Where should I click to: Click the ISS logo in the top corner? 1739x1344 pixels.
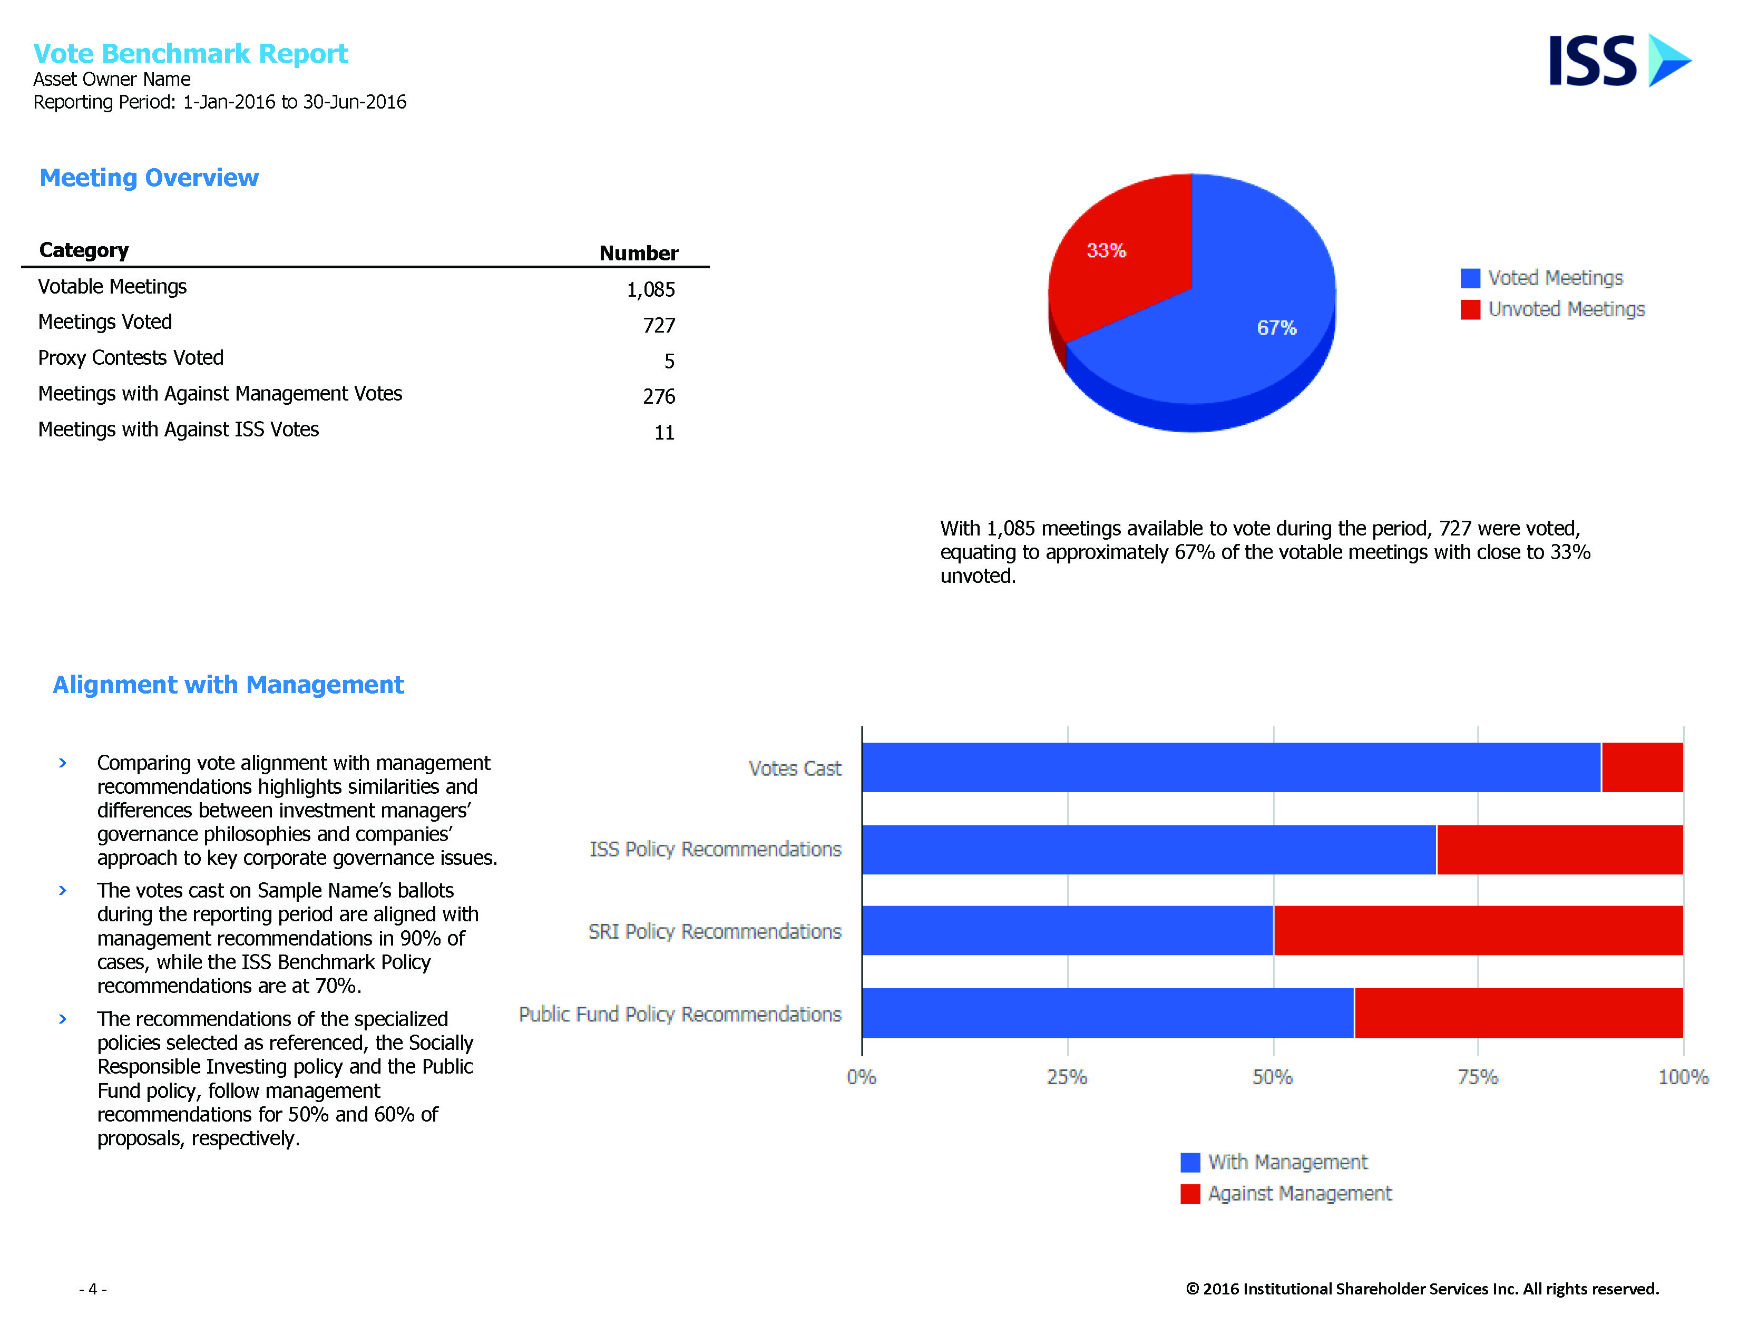pos(1619,61)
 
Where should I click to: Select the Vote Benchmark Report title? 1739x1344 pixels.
pos(190,53)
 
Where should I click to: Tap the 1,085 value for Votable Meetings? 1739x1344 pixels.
pos(650,290)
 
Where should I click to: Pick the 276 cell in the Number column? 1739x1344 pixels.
pos(659,396)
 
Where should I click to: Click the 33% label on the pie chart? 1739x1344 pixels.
pos(1106,251)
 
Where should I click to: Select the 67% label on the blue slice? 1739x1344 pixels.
pos(1276,328)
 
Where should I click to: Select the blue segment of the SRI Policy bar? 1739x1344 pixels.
pos(1067,930)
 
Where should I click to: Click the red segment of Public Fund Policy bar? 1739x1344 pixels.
pos(1518,1013)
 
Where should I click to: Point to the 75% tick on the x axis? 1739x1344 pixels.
pos(1478,1077)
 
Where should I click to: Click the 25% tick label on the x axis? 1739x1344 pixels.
pos(1067,1077)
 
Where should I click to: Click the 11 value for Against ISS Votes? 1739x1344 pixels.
pos(664,432)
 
